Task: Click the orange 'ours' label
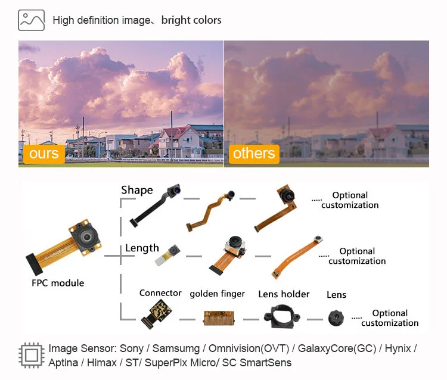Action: [44, 154]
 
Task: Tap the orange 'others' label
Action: [254, 153]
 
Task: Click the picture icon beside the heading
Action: [32, 20]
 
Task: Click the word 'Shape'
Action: [137, 190]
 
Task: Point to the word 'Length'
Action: [142, 248]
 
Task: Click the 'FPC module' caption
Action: [58, 283]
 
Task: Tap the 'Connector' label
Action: [160, 293]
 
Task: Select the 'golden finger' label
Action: [217, 294]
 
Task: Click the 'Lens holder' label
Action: [284, 294]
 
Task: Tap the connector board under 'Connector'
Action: [157, 314]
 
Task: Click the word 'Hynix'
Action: [398, 348]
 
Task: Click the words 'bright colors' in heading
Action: [191, 20]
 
